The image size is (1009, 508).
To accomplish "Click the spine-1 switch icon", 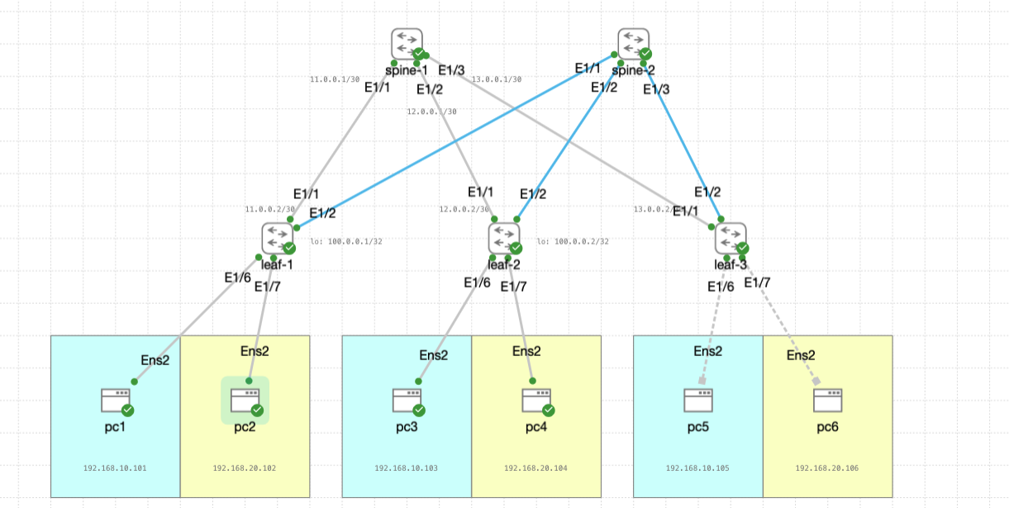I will [x=407, y=44].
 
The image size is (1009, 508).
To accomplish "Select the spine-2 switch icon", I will [x=633, y=44].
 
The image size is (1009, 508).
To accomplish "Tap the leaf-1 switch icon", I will [x=278, y=238].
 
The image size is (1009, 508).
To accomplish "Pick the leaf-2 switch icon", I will [x=504, y=238].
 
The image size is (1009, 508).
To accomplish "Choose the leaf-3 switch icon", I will [x=731, y=238].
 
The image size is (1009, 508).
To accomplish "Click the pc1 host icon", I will [x=116, y=401].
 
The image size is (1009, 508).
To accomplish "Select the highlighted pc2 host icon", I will [x=245, y=401].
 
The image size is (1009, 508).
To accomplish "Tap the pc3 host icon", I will [x=407, y=401].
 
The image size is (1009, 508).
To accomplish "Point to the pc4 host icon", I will [x=535, y=401].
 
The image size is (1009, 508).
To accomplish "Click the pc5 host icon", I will [x=698, y=401].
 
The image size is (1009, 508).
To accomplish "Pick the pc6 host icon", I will [x=827, y=401].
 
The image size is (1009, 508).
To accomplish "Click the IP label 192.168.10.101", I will [x=115, y=468].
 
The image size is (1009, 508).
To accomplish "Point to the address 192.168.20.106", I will [x=826, y=468].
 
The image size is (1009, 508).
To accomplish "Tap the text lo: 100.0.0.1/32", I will [x=345, y=242].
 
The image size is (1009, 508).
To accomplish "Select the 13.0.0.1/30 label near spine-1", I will [x=496, y=80].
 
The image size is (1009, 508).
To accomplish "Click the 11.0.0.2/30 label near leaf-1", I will [x=269, y=210].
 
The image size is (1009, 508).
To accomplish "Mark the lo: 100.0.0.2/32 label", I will [x=573, y=242].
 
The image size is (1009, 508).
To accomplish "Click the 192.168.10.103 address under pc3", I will [x=406, y=468].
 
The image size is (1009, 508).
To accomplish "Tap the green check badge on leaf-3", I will [x=743, y=248].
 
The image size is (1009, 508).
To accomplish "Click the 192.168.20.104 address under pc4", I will [x=535, y=468].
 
